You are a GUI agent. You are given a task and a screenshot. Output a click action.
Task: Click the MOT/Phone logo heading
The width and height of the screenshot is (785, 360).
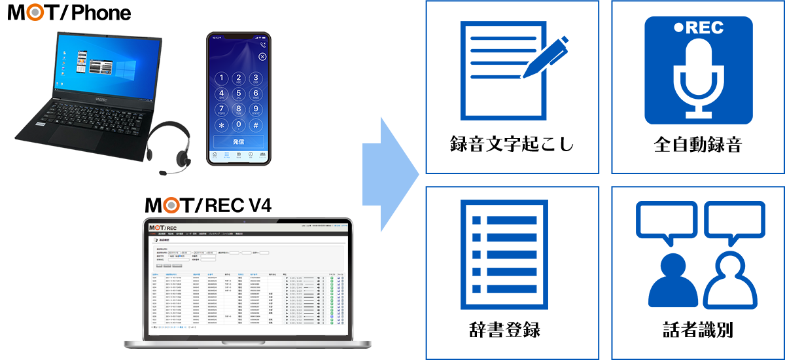[69, 13]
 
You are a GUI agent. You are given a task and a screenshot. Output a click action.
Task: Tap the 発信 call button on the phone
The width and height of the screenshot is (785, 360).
[238, 141]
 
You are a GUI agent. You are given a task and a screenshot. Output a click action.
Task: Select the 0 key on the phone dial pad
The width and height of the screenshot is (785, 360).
[239, 124]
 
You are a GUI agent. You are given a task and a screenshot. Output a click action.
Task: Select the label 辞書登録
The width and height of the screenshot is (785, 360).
[504, 329]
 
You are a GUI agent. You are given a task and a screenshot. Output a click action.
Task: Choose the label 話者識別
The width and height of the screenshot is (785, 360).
[697, 329]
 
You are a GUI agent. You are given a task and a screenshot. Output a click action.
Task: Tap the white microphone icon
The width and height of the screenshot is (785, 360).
[698, 77]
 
